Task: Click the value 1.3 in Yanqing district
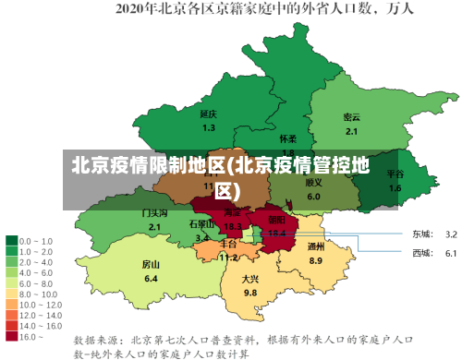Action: point(209,127)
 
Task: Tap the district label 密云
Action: point(351,117)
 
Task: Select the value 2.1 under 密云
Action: point(351,131)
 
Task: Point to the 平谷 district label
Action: point(395,174)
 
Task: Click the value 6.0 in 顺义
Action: point(314,197)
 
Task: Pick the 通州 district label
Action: point(316,246)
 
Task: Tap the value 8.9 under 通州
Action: point(316,261)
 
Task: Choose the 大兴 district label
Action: point(250,278)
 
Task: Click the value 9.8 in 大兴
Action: point(250,293)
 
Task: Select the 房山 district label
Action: point(151,264)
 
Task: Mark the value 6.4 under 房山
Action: point(151,279)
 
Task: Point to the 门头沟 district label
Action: point(154,212)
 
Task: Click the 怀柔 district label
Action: point(288,138)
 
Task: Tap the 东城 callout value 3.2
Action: point(451,234)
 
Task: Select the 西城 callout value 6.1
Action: point(451,253)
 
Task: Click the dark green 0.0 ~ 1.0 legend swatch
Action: point(12,240)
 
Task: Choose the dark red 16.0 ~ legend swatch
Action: point(12,311)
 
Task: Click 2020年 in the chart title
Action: point(136,11)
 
